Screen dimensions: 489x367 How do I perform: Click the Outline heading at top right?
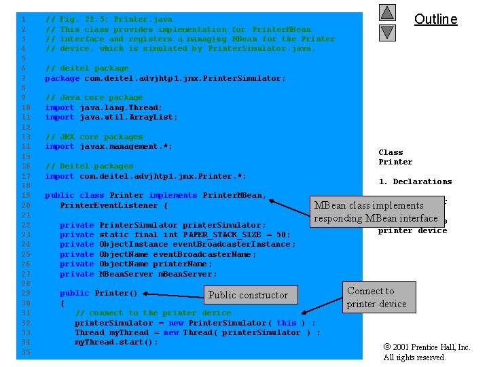pyautogui.click(x=435, y=19)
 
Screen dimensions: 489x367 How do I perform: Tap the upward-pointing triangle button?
pyautogui.click(x=387, y=13)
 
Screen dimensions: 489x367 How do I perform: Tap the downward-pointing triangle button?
pyautogui.click(x=387, y=32)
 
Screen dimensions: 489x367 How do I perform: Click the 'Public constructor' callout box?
pyautogui.click(x=248, y=295)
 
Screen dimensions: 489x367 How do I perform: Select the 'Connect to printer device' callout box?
pyautogui.click(x=377, y=297)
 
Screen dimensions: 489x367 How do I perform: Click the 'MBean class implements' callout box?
pyautogui.click(x=376, y=211)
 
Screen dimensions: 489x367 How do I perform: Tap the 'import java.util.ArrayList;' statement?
pyautogui.click(x=111, y=117)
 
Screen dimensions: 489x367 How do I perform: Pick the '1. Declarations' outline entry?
pyautogui.click(x=415, y=181)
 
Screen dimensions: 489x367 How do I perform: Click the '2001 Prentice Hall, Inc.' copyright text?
pyautogui.click(x=427, y=347)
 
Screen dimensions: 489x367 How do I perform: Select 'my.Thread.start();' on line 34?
pyautogui.click(x=116, y=342)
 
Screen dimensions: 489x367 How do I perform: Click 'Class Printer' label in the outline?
pyautogui.click(x=395, y=157)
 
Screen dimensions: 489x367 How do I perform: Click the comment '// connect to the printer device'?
pyautogui.click(x=153, y=313)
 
